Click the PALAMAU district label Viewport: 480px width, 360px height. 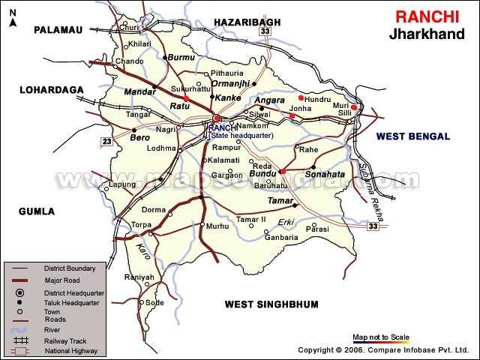57,29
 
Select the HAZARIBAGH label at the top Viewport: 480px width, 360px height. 247,22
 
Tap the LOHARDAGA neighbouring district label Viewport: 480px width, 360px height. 51,90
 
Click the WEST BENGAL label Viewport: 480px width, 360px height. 412,136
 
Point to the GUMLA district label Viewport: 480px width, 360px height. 37,211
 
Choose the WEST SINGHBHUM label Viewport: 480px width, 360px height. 271,304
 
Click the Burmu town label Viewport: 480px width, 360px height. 182,57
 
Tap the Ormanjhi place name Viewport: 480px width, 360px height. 230,83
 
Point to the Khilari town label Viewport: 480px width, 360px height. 139,44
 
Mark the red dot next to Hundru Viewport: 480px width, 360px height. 301,97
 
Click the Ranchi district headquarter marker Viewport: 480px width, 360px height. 216,118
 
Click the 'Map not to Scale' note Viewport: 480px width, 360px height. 381,337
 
